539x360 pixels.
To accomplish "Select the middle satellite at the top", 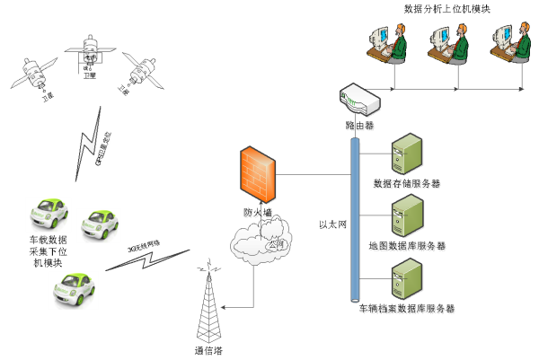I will (x=90, y=51).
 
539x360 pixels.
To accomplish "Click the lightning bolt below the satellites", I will (x=90, y=144).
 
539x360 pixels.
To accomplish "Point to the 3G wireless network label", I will (x=143, y=246).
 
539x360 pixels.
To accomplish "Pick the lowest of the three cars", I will (x=73, y=290).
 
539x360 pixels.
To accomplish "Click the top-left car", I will (x=48, y=215).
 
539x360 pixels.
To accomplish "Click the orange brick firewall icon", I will (x=258, y=174).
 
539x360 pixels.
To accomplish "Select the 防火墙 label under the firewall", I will (x=259, y=214).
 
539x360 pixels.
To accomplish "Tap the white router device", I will (x=359, y=101).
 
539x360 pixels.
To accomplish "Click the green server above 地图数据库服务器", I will (x=407, y=216).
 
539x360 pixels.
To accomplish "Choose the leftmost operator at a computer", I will (x=389, y=43).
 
